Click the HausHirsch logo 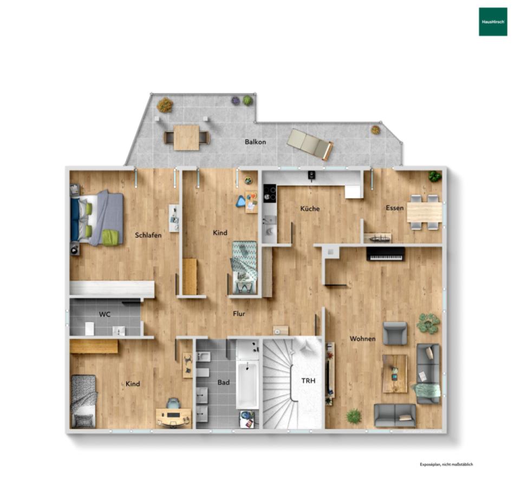click(x=493, y=22)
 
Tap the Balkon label click(x=255, y=142)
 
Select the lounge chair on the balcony click(x=310, y=144)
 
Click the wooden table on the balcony click(x=186, y=137)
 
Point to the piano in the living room click(x=386, y=254)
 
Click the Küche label click(x=310, y=209)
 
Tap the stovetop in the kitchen click(x=270, y=193)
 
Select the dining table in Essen click(x=425, y=212)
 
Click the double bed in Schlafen click(x=97, y=218)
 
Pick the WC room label click(x=105, y=314)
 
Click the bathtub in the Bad click(x=247, y=385)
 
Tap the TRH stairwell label click(x=309, y=381)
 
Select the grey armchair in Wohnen click(x=395, y=333)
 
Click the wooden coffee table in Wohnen click(x=395, y=374)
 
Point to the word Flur click(x=239, y=314)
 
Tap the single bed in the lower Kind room click(x=84, y=402)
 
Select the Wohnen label click(x=363, y=339)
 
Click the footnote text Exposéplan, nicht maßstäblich click(x=446, y=464)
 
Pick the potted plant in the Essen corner click(x=435, y=176)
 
